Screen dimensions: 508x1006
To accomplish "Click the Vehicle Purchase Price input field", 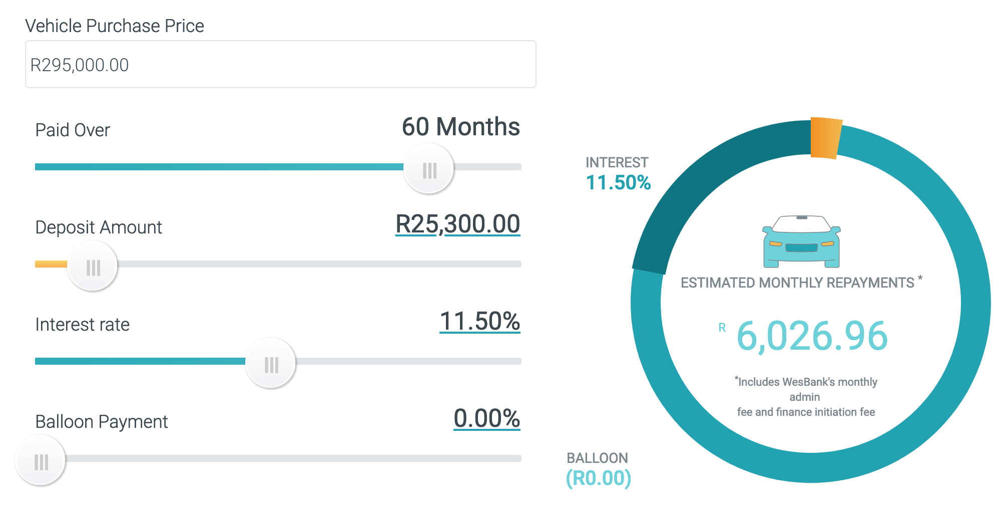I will [x=280, y=65].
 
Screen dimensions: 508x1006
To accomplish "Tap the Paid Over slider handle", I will [x=429, y=169].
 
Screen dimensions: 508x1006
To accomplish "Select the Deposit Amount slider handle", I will [x=93, y=266].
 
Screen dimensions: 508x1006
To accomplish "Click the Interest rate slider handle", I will [x=271, y=363].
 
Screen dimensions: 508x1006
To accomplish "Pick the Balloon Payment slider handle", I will [x=41, y=460].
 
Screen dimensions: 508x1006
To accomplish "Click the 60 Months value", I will [x=460, y=127].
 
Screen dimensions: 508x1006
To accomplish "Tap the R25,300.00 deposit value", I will [x=457, y=224].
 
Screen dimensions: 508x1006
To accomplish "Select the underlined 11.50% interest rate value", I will [x=479, y=321].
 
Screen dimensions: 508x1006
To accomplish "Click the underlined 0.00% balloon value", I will [x=486, y=418].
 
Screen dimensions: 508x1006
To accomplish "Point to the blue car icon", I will [x=801, y=241].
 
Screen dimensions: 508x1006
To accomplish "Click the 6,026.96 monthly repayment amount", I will [x=812, y=336].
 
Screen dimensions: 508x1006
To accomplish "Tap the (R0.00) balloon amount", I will [x=598, y=478].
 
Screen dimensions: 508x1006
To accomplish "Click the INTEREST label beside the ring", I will [x=617, y=162].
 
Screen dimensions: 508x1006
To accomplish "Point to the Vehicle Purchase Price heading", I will [x=115, y=26].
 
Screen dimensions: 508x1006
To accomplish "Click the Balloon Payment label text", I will [x=102, y=422].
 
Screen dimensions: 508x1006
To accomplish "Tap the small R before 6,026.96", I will [x=722, y=328].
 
